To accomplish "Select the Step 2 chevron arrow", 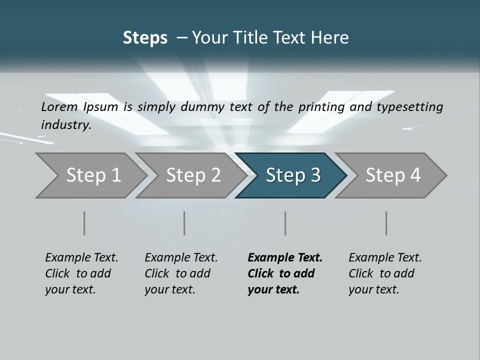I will (x=193, y=175).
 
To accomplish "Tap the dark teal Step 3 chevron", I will (x=293, y=175).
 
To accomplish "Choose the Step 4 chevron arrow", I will (x=393, y=175).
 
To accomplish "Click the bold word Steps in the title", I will (x=145, y=38).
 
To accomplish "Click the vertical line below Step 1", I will (x=84, y=223).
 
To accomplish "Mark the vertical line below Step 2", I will (x=184, y=223).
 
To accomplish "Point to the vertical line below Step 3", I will (x=285, y=223).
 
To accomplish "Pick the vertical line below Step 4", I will (x=386, y=223).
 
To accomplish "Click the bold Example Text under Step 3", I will (x=285, y=257).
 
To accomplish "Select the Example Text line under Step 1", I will (x=81, y=257).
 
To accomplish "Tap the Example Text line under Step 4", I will (x=385, y=257).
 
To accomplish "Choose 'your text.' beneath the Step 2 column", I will (x=169, y=289).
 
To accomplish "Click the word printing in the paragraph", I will (x=317, y=106).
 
